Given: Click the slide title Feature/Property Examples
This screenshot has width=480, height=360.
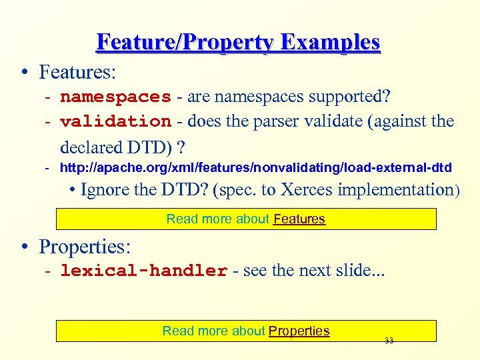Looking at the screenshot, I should [x=238, y=42].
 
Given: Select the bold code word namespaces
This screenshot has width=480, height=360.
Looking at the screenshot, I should [x=115, y=97].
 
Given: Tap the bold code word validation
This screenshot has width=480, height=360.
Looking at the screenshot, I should [x=115, y=122].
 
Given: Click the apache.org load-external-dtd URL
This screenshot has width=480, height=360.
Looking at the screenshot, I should [x=255, y=167].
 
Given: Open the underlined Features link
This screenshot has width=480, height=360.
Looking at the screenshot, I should [x=299, y=219].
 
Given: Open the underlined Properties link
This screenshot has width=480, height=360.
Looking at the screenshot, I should [x=299, y=331].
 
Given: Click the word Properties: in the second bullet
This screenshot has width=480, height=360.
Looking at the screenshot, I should [x=85, y=247].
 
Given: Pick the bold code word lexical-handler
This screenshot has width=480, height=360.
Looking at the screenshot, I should [x=143, y=271].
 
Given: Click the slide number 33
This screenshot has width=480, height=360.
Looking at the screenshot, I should [x=389, y=341].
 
